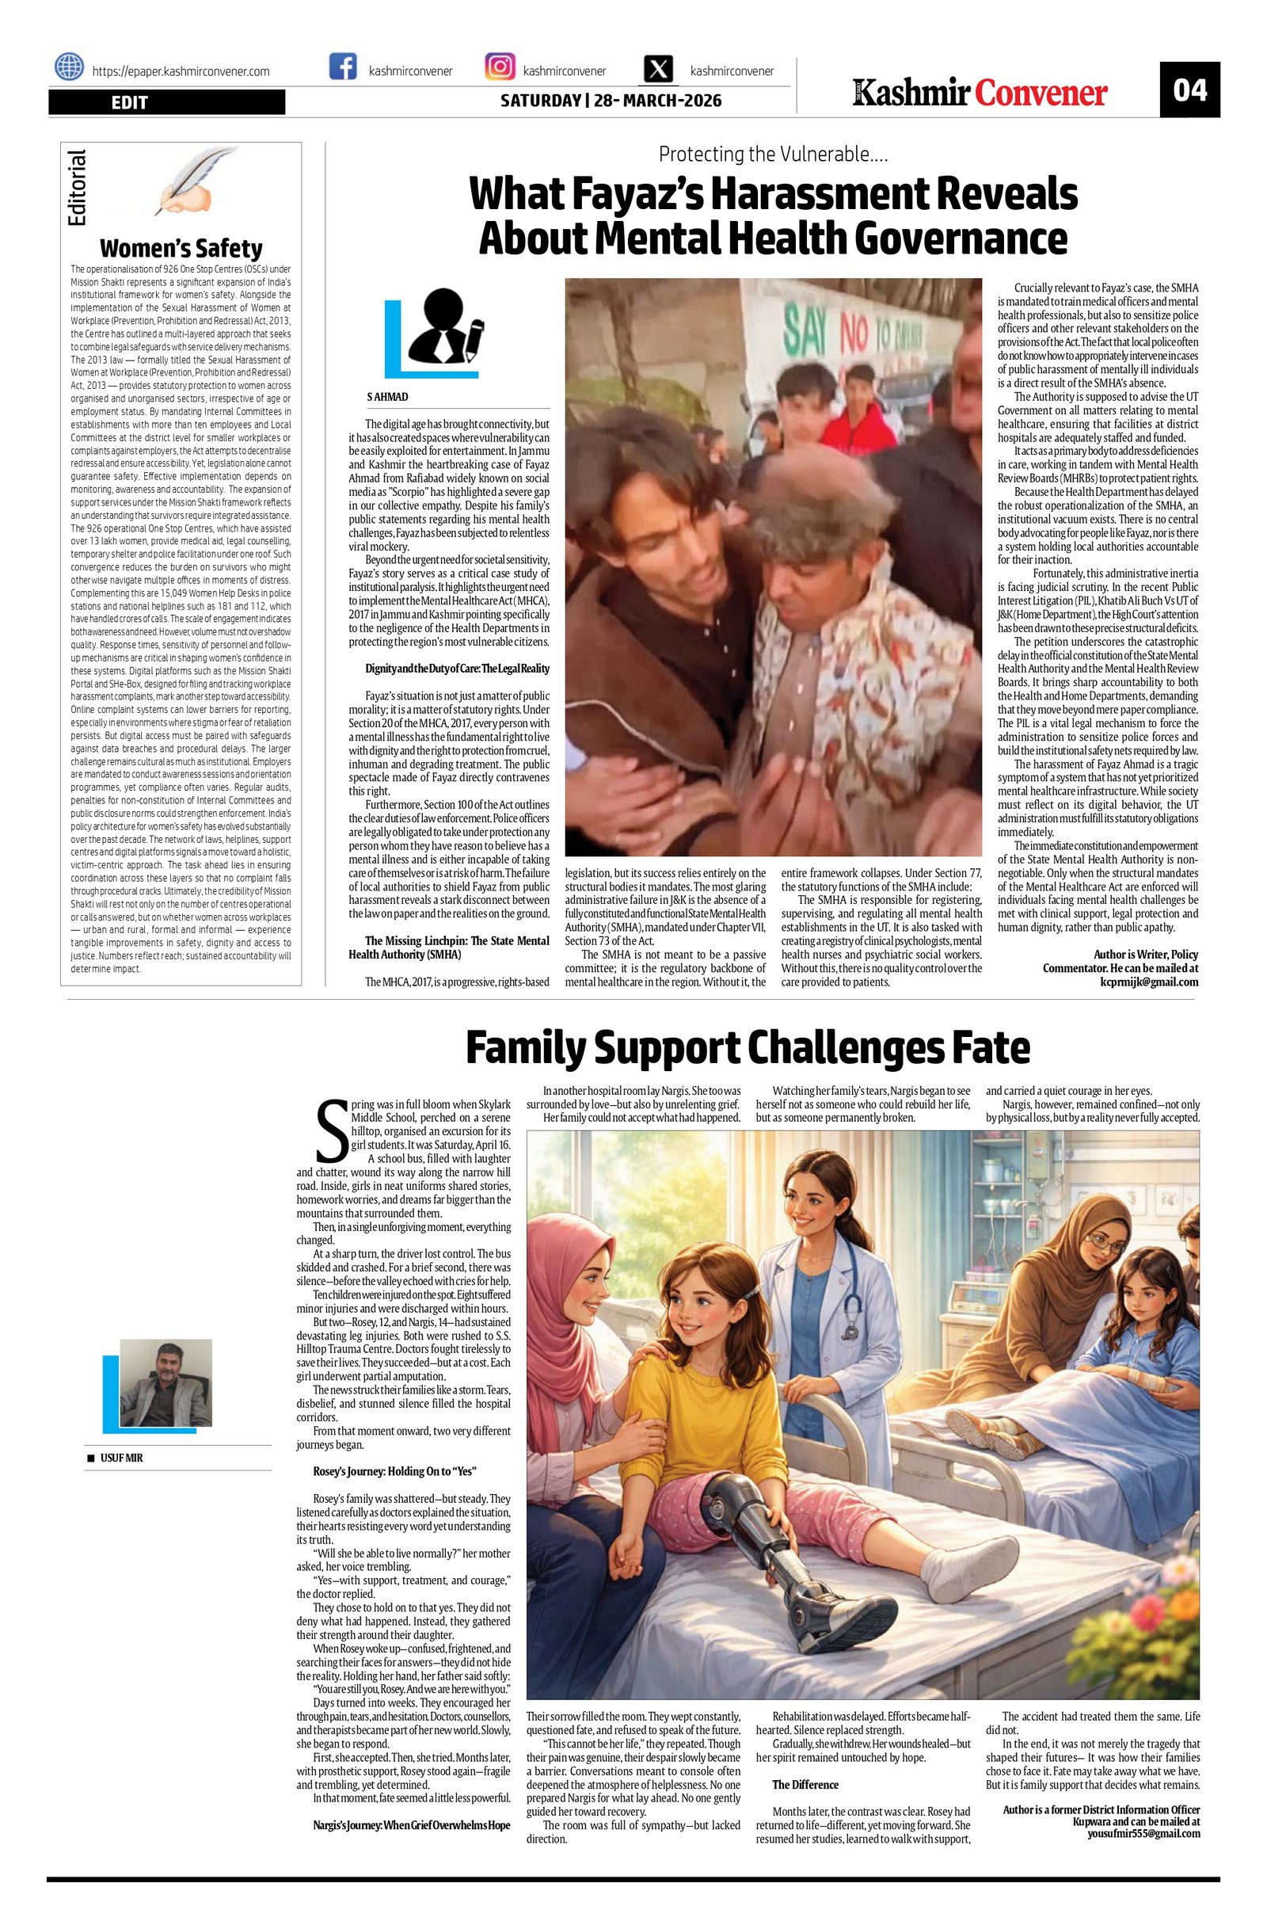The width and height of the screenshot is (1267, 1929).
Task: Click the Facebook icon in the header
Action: coord(343,67)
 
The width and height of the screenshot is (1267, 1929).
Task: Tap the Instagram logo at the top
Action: coord(500,67)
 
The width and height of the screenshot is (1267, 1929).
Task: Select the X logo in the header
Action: coord(659,69)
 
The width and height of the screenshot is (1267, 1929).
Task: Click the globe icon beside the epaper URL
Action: coord(70,67)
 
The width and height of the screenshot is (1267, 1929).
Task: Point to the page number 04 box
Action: coord(1189,90)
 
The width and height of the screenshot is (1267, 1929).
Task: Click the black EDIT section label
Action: coord(166,102)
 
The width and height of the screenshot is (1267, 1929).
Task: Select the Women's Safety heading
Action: coord(181,248)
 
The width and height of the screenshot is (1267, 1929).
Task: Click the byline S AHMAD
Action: coord(388,397)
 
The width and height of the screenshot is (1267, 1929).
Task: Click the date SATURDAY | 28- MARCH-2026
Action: coord(610,101)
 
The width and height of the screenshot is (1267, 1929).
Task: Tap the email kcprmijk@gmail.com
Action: coord(1148,982)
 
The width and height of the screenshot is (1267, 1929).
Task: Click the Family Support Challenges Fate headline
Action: coord(747,1047)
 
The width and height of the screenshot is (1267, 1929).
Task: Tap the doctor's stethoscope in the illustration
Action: coord(850,1309)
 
